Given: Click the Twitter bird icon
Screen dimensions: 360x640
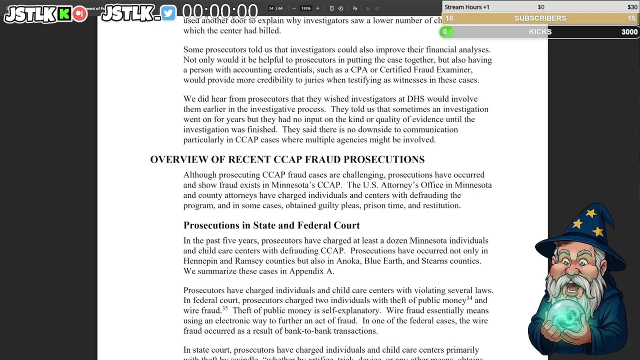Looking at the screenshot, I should point(168,13).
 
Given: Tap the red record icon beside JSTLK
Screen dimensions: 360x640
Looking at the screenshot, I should point(79,14).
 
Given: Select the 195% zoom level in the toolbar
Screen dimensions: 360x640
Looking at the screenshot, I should point(305,8).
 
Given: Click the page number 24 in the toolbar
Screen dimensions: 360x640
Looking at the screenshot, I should point(271,8).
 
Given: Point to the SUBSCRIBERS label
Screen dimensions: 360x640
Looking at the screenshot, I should point(540,18).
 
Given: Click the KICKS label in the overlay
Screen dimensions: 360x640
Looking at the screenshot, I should point(540,32).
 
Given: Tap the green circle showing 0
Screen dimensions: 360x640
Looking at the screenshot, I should point(444,32).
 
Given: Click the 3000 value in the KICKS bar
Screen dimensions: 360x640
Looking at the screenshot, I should point(629,32).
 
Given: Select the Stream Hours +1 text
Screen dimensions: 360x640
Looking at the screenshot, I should point(466,7).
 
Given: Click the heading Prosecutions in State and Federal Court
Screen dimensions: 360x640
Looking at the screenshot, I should point(271,225).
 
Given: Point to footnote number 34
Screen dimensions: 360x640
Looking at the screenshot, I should point(469,298).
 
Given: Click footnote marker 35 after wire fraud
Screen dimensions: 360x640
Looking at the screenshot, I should point(225,308).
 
